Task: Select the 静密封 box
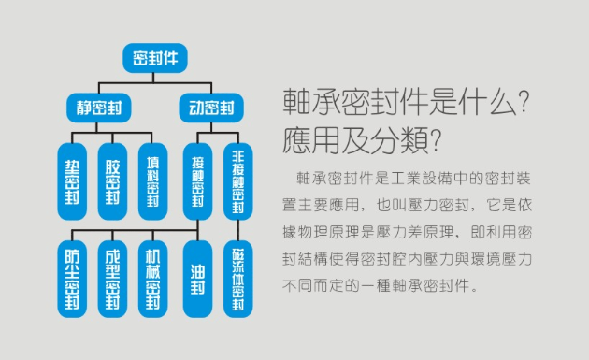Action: coord(99,107)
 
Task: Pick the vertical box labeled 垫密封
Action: coord(71,180)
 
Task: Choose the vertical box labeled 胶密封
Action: coord(112,180)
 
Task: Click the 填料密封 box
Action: coord(153,180)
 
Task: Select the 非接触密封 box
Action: coord(237,180)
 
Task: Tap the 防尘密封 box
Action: coord(71,278)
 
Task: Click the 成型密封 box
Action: coord(112,278)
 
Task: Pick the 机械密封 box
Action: coord(153,278)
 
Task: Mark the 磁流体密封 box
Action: coord(237,278)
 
